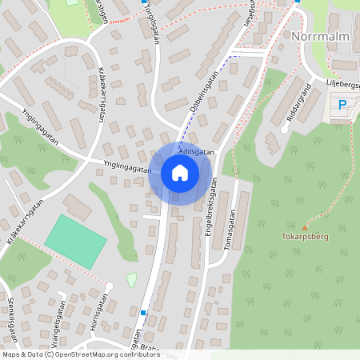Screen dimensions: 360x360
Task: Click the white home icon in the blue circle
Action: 180,172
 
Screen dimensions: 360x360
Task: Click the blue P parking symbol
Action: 342,105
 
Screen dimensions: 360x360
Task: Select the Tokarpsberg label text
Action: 304,238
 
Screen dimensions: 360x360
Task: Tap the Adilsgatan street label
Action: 197,150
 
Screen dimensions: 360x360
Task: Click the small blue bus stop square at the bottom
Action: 143,312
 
